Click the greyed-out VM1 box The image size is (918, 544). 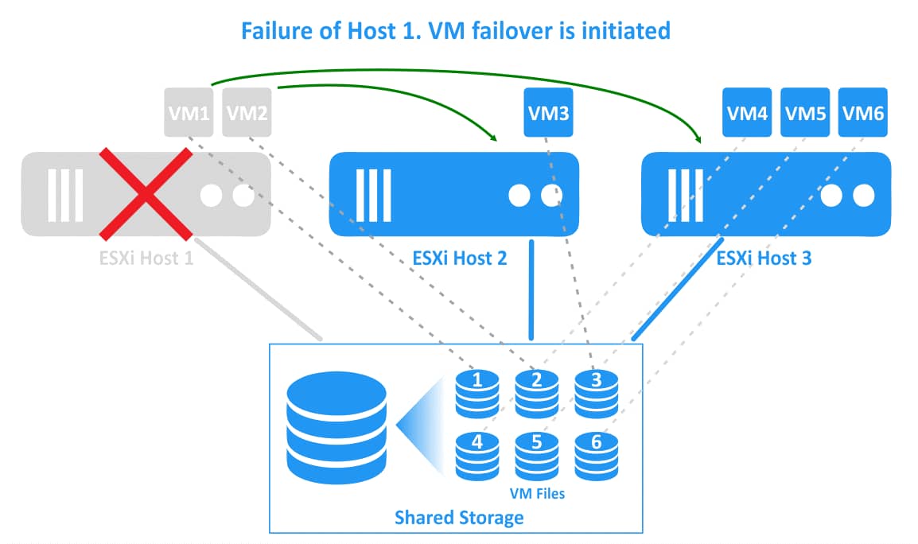(189, 112)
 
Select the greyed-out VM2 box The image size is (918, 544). (247, 112)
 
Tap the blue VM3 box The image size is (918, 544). (548, 112)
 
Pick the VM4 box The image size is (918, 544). (747, 112)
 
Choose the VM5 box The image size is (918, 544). (805, 112)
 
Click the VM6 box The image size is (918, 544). (863, 112)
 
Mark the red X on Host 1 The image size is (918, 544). (146, 193)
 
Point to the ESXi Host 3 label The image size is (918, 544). (764, 258)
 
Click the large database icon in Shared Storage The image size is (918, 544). (336, 429)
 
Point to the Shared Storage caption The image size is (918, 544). (459, 518)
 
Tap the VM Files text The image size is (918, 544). (537, 493)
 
